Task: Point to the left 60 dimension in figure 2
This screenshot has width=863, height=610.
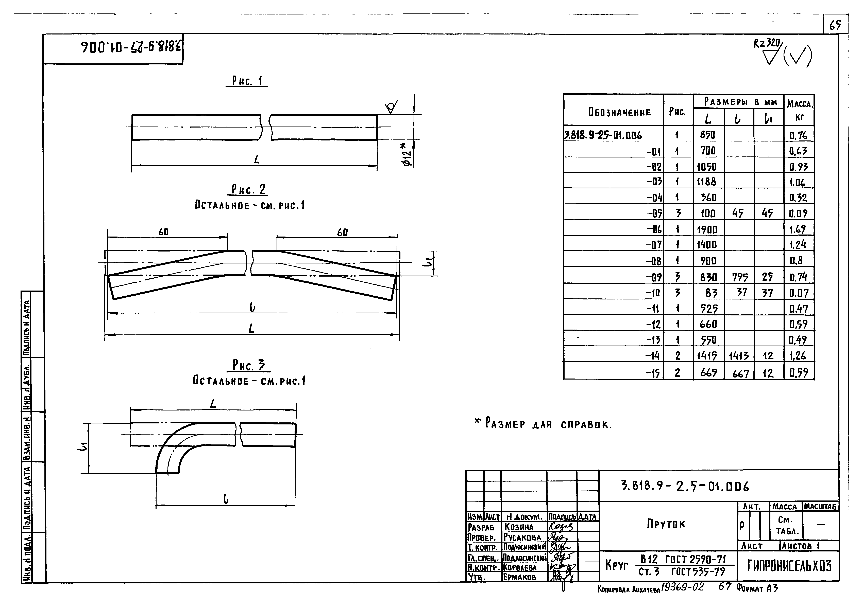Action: click(163, 232)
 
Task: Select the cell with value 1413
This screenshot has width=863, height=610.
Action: click(739, 356)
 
